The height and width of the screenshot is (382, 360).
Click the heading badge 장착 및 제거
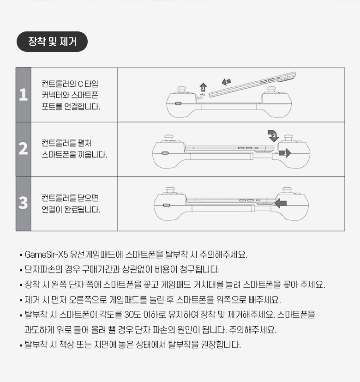[52, 42]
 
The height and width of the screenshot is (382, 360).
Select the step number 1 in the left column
[24, 95]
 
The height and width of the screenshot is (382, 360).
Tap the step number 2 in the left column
[24, 149]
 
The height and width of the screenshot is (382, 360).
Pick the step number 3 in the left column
[24, 203]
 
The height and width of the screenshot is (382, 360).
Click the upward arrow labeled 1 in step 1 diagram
[203, 88]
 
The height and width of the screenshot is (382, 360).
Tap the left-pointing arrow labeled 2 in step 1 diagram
[226, 82]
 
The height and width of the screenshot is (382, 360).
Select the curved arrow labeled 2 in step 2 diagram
[273, 136]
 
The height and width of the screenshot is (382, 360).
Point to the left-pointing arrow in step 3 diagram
[281, 203]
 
